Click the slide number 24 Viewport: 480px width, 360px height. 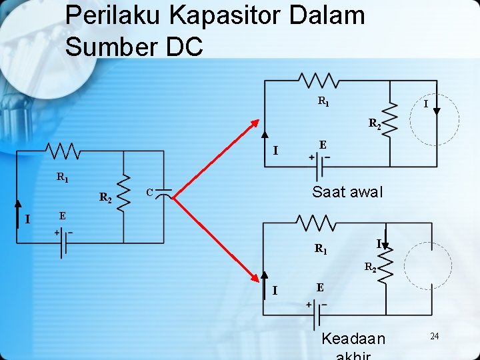tap(434, 336)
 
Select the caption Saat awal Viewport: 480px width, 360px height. tap(347, 192)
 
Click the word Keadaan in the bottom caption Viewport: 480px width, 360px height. tap(353, 339)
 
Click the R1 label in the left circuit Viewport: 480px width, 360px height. tap(62, 178)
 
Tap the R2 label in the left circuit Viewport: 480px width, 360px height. tap(105, 197)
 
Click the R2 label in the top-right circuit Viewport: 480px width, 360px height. tap(375, 124)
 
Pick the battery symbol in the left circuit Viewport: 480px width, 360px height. tap(63, 244)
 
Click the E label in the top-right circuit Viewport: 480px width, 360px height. tap(323, 145)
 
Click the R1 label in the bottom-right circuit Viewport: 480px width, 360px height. tap(321, 249)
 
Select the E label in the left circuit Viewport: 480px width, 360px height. tap(62, 216)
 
